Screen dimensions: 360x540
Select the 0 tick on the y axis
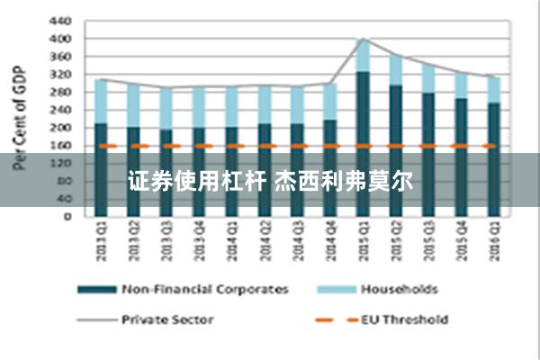[x=69, y=216]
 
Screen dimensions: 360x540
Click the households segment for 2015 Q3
[x=428, y=79]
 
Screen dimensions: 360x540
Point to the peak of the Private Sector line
[x=363, y=39]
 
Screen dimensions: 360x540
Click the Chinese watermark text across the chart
[x=270, y=180]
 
